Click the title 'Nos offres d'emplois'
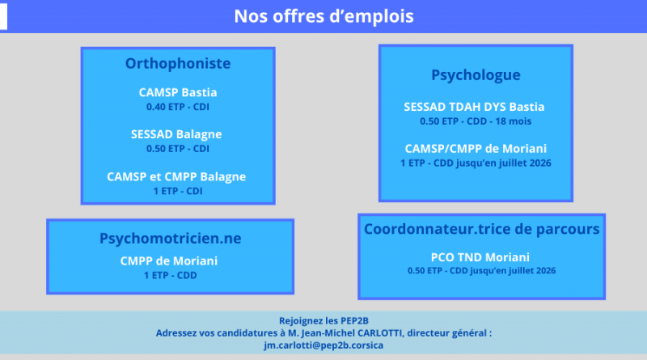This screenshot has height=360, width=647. [x=323, y=16]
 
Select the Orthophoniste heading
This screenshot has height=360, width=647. [x=178, y=63]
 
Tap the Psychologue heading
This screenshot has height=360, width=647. [x=475, y=76]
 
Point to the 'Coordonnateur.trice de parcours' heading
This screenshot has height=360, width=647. [x=481, y=229]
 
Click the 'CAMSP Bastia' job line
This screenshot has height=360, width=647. [x=178, y=92]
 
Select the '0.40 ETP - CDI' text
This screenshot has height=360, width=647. [x=178, y=107]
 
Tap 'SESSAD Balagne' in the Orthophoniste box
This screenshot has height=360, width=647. [x=176, y=134]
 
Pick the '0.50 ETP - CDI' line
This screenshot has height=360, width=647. [x=178, y=149]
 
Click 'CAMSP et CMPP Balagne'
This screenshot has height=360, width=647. [x=176, y=176]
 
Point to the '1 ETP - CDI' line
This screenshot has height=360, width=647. [x=178, y=191]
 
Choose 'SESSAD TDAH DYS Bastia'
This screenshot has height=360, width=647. [x=475, y=107]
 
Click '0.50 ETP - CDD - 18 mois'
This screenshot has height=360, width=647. [x=475, y=121]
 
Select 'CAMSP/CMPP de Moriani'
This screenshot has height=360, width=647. [x=475, y=148]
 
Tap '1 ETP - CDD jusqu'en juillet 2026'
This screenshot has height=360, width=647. [x=475, y=163]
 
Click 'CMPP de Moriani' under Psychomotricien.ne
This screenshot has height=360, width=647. [x=171, y=261]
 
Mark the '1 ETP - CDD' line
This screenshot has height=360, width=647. [x=171, y=276]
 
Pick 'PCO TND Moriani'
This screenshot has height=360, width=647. [x=481, y=256]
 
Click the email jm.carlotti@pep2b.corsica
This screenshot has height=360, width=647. [x=323, y=345]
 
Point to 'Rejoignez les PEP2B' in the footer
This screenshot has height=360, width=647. [x=323, y=319]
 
